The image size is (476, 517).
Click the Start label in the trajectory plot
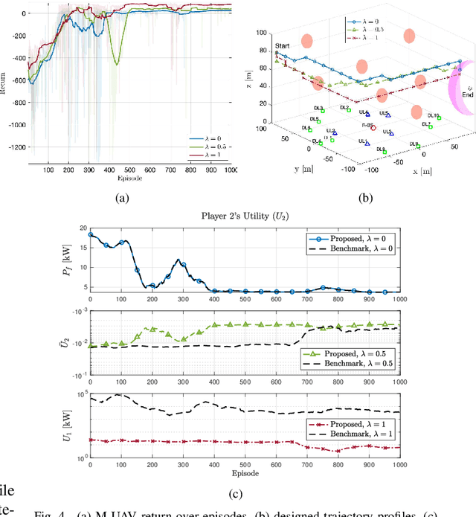pyautogui.click(x=283, y=46)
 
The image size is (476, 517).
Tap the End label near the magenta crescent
pyautogui.click(x=467, y=94)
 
